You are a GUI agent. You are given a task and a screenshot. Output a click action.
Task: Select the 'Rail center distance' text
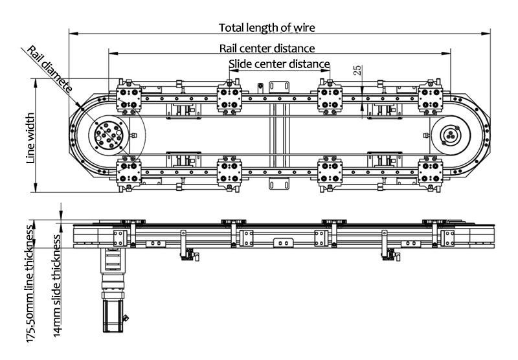click(x=267, y=48)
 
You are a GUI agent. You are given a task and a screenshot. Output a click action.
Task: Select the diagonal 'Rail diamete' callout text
click(x=49, y=69)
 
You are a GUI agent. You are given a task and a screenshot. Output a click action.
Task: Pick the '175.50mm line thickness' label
click(x=30, y=286)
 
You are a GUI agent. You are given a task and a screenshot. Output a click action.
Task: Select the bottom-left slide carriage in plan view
click(x=129, y=173)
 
